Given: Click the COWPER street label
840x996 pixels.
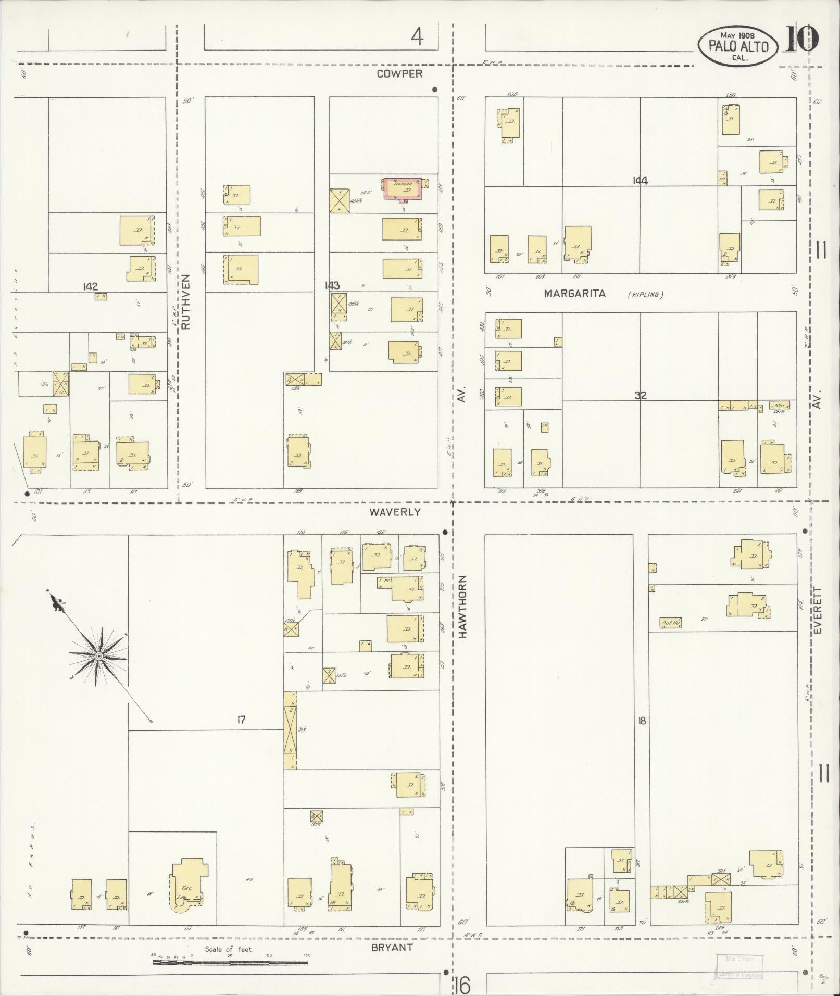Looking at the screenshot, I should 399,74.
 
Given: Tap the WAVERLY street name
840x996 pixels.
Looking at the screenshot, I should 395,512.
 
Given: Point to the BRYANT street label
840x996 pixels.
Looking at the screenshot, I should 392,948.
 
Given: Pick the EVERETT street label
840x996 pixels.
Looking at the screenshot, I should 817,610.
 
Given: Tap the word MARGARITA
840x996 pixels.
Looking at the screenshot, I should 574,294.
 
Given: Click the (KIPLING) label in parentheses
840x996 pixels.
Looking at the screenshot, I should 645,295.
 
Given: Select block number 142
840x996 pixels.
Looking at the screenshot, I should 90,286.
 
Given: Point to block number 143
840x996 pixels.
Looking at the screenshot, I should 332,285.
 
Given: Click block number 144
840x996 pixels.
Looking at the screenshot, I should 640,181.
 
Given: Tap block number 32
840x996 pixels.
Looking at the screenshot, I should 640,396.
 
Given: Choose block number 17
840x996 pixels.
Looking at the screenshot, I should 241,720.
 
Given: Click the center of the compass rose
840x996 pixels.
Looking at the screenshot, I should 98,656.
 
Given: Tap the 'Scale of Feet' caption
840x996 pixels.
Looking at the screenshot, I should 229,949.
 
